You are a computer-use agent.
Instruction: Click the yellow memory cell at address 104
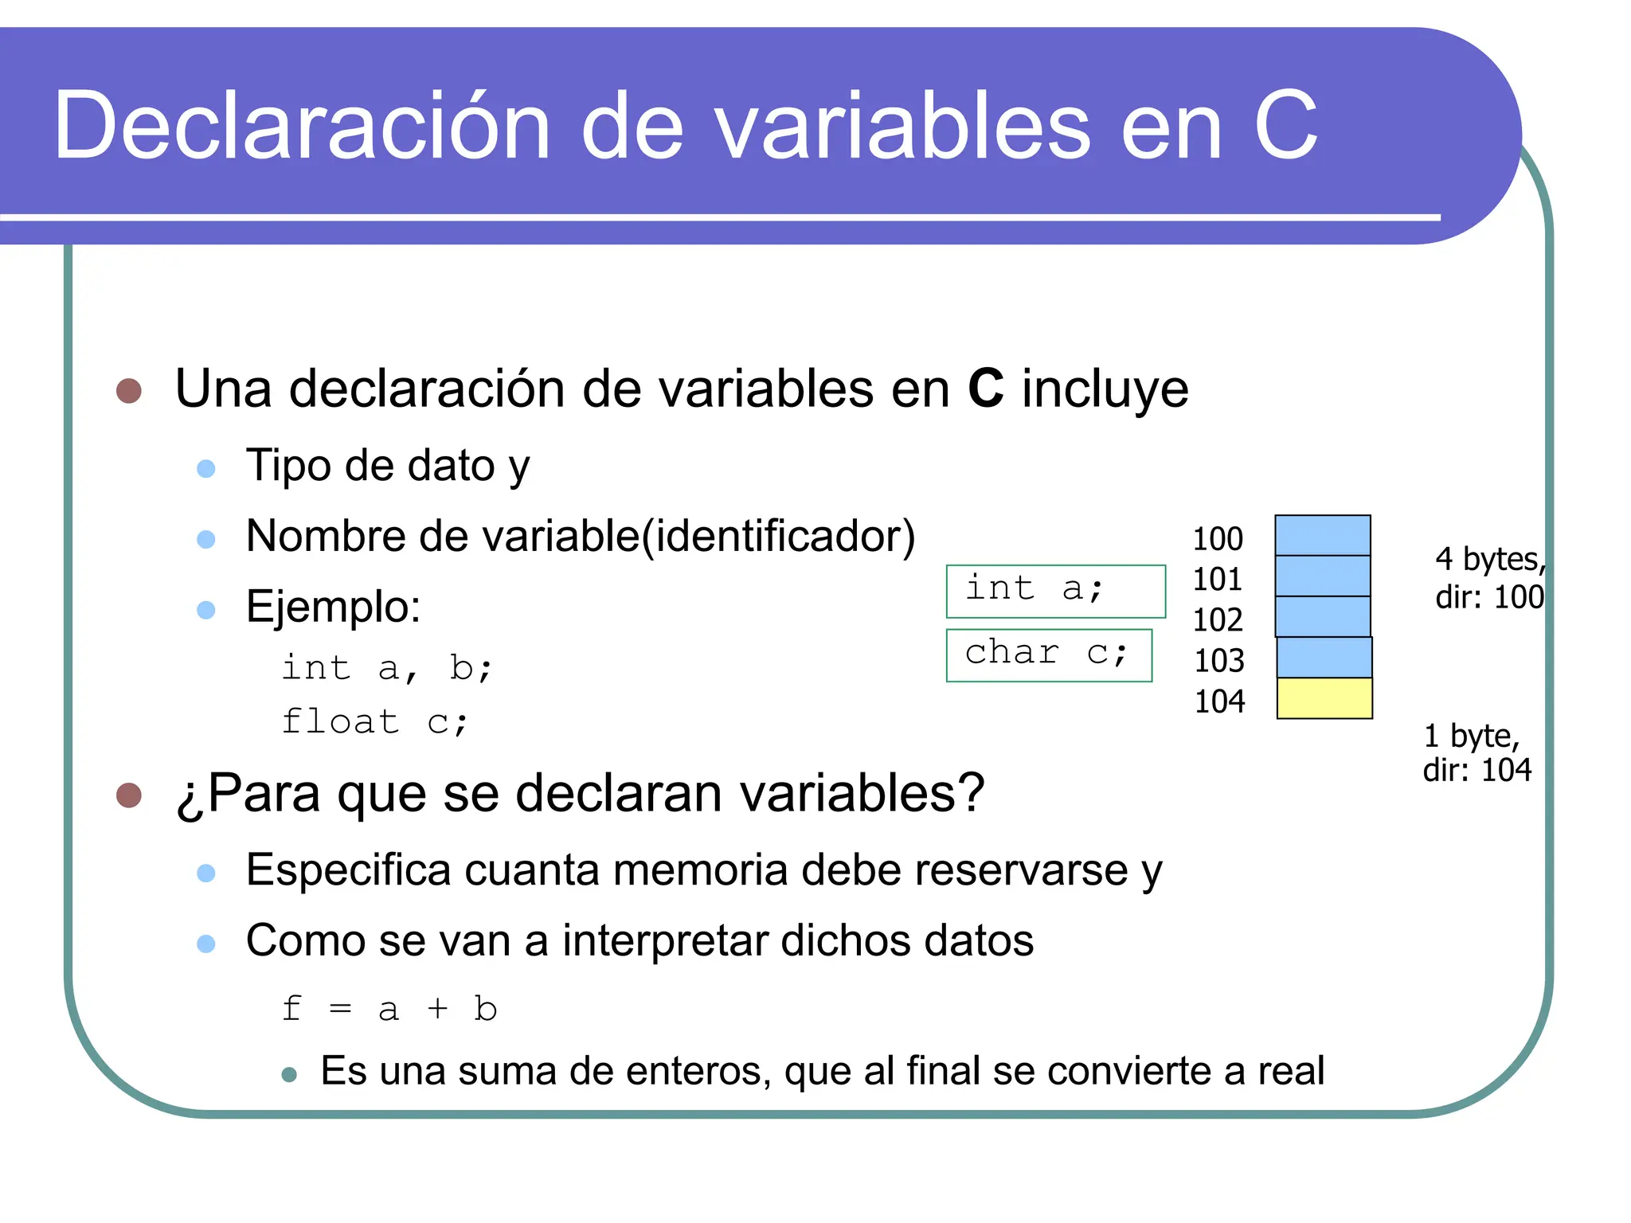tap(1324, 698)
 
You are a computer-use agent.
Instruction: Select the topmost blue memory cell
tap(1322, 535)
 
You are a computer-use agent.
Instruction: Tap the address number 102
tap(1217, 620)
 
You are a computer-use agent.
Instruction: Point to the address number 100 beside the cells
tap(1217, 539)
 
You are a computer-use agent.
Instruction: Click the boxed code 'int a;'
tap(1054, 591)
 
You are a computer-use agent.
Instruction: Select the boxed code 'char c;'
tap(1048, 654)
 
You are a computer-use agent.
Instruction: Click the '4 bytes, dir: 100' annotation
tap(1489, 577)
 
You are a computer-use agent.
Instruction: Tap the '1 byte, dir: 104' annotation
tap(1477, 752)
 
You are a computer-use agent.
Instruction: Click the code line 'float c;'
tap(375, 722)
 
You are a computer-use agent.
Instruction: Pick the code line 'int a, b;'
tap(388, 667)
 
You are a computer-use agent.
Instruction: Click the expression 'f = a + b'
tap(389, 1009)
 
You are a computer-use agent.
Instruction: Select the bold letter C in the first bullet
tap(985, 389)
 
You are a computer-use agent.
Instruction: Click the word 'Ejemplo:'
tap(333, 607)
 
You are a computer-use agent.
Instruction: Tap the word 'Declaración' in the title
tap(302, 126)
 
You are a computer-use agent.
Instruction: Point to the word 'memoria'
tap(700, 869)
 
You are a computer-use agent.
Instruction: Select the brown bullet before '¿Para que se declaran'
tap(129, 795)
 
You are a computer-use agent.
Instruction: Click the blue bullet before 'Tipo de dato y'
tap(206, 468)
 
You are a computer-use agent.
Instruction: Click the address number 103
tap(1218, 661)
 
